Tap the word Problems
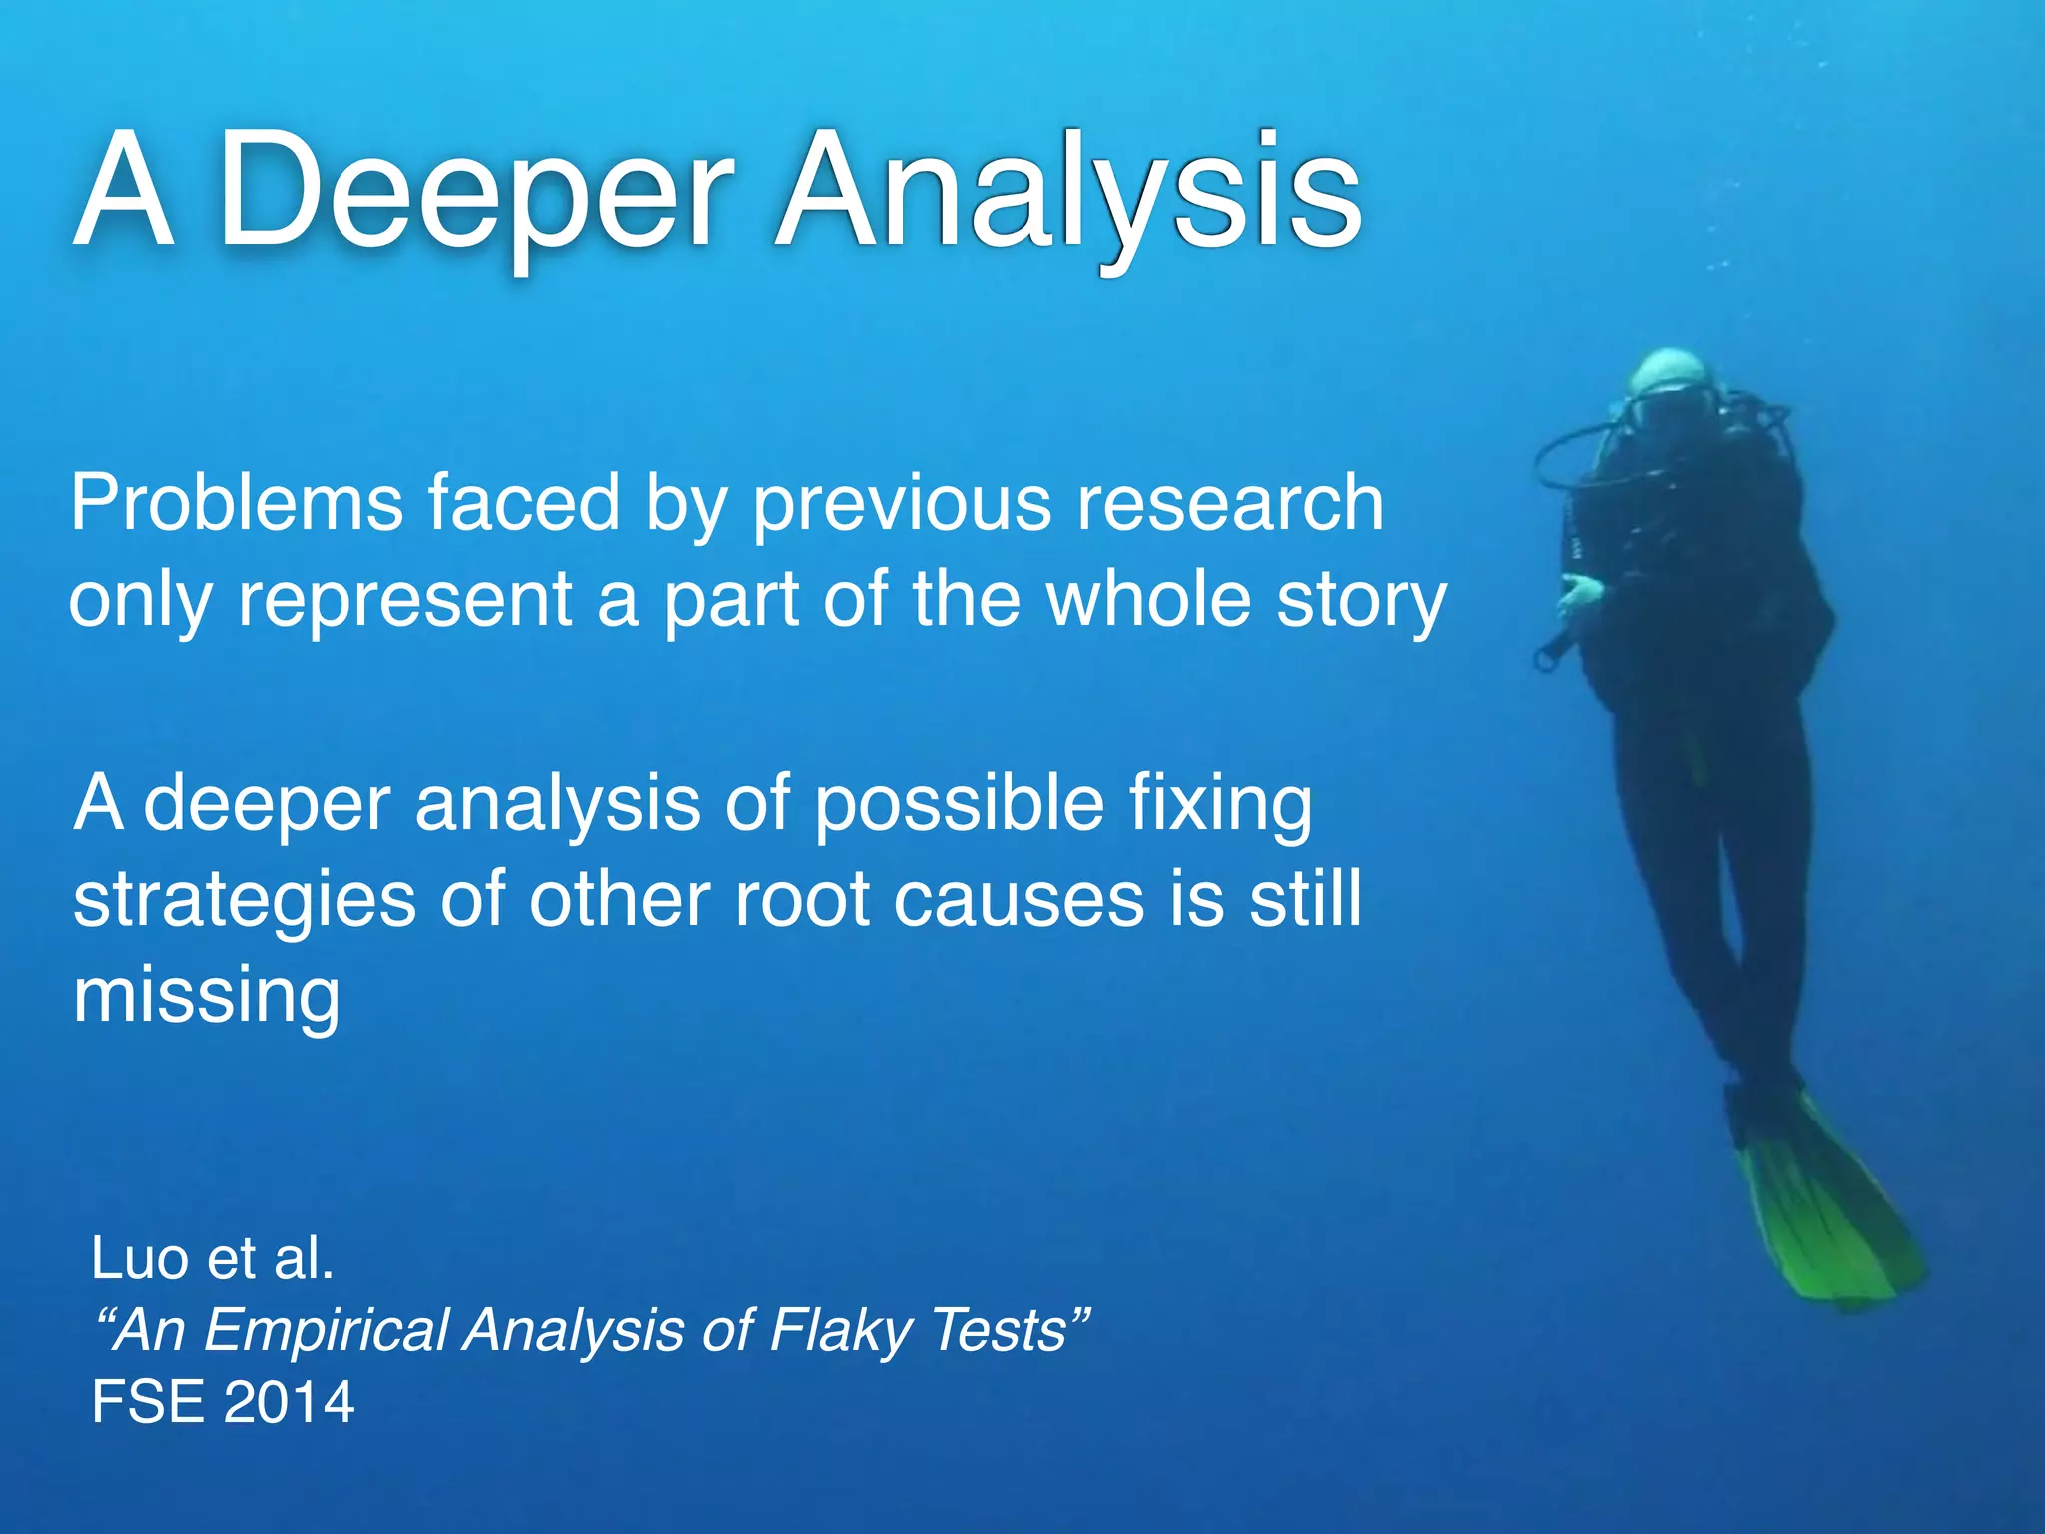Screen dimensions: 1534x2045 [x=237, y=504]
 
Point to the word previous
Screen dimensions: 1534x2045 [x=902, y=504]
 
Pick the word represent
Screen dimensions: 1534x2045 [x=405, y=602]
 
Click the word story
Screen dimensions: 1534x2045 [x=1362, y=602]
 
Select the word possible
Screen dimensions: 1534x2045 [x=959, y=804]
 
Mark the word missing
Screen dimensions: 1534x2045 [x=207, y=996]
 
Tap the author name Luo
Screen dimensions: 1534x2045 [x=139, y=1258]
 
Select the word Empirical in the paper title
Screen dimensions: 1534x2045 [x=328, y=1330]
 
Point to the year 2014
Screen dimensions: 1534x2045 [x=289, y=1402]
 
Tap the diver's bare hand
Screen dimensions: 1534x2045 [x=1579, y=595]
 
